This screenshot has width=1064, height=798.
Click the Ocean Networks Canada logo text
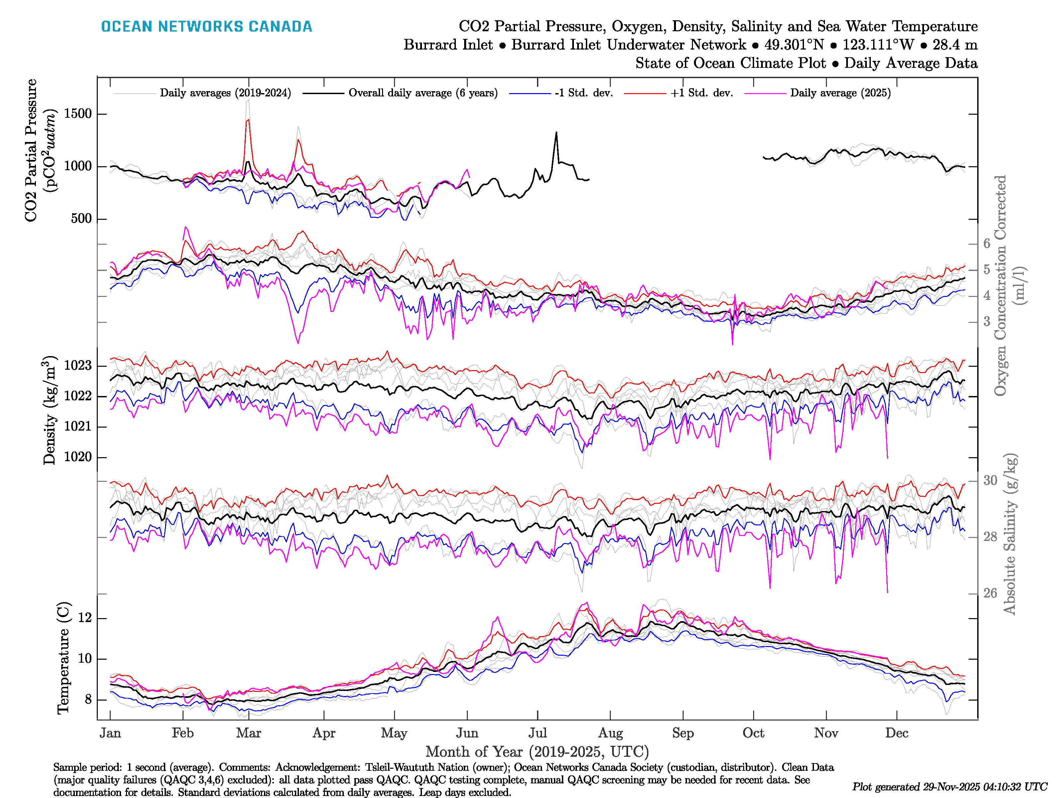coord(206,27)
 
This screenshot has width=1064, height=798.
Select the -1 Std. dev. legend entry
coord(584,93)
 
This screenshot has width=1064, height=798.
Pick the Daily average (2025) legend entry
coord(840,93)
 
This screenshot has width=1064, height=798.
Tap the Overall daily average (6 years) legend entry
coord(423,93)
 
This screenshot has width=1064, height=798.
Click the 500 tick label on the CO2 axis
coord(81,219)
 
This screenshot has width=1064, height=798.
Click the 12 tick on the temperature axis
coord(85,618)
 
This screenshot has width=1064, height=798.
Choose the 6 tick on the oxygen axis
coord(987,244)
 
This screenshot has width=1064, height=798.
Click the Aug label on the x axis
coord(610,733)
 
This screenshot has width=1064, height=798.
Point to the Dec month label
coord(897,733)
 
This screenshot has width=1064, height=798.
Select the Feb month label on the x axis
coord(183,733)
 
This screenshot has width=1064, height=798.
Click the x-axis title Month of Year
coord(537,752)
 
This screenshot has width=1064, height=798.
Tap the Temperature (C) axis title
coord(63,658)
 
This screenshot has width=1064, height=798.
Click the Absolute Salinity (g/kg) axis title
coord(1010,534)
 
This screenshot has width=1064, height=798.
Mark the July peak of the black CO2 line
coord(557,132)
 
